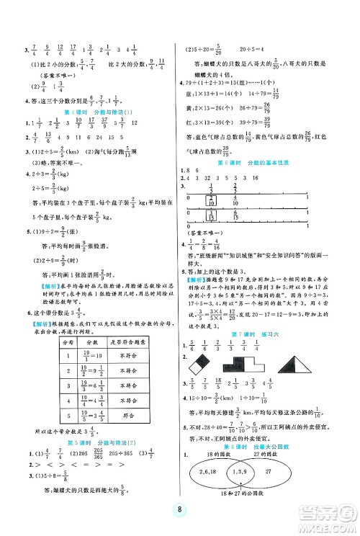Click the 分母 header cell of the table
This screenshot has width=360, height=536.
click(x=64, y=345)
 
